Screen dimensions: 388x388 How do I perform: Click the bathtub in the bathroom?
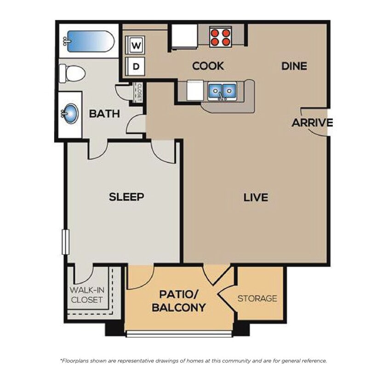90,41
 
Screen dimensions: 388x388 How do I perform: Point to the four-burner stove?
220,37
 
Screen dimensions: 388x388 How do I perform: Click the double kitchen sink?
222,91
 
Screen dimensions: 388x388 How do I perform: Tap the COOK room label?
208,66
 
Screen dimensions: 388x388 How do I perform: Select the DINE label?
294,66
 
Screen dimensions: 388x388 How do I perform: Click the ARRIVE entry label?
312,123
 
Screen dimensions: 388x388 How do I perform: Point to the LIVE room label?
256,198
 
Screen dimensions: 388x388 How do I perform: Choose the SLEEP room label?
126,197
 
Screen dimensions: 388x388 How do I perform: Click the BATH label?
104,114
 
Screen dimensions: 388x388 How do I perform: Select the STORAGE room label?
257,298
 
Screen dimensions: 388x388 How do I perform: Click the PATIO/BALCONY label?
178,301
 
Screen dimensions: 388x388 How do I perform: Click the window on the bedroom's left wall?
65,242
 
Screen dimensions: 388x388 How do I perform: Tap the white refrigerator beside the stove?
185,36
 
